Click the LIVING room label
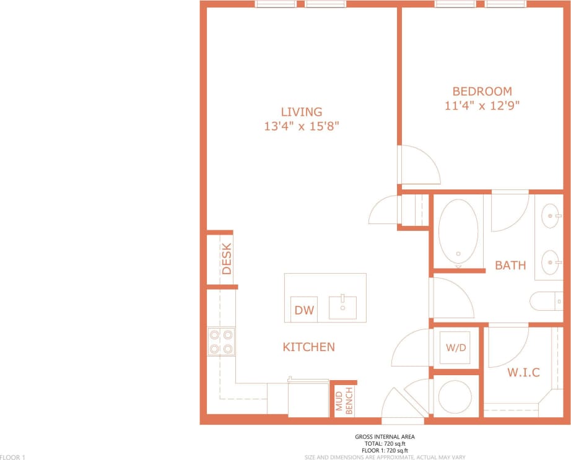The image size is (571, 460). point(302,112)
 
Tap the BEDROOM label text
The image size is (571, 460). point(482,92)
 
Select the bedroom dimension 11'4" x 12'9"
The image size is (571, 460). point(482,105)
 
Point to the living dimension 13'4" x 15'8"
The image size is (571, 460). point(302,126)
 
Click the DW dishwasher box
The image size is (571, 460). point(304,310)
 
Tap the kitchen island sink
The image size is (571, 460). point(342,307)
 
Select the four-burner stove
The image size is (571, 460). point(222,342)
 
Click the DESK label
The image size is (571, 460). point(227,259)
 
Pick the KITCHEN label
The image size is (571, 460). point(308,347)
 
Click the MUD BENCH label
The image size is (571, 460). point(344,401)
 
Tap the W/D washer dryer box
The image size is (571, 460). point(456,347)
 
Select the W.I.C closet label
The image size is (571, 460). point(523,373)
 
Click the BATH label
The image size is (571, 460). point(510,266)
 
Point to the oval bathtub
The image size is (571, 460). point(458,231)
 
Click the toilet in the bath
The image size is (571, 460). point(543,302)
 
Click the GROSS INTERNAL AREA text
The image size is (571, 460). point(385,436)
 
